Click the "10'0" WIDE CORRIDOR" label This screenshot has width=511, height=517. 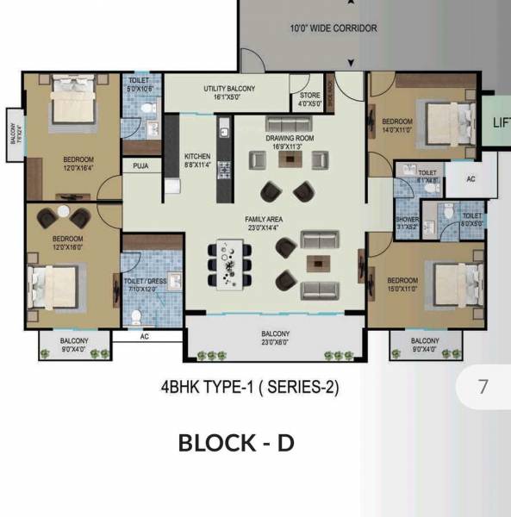(x=333, y=28)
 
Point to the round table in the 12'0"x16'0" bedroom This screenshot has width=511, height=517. (x=64, y=215)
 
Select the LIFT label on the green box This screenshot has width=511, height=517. (x=501, y=122)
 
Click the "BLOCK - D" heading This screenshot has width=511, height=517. (x=236, y=443)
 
